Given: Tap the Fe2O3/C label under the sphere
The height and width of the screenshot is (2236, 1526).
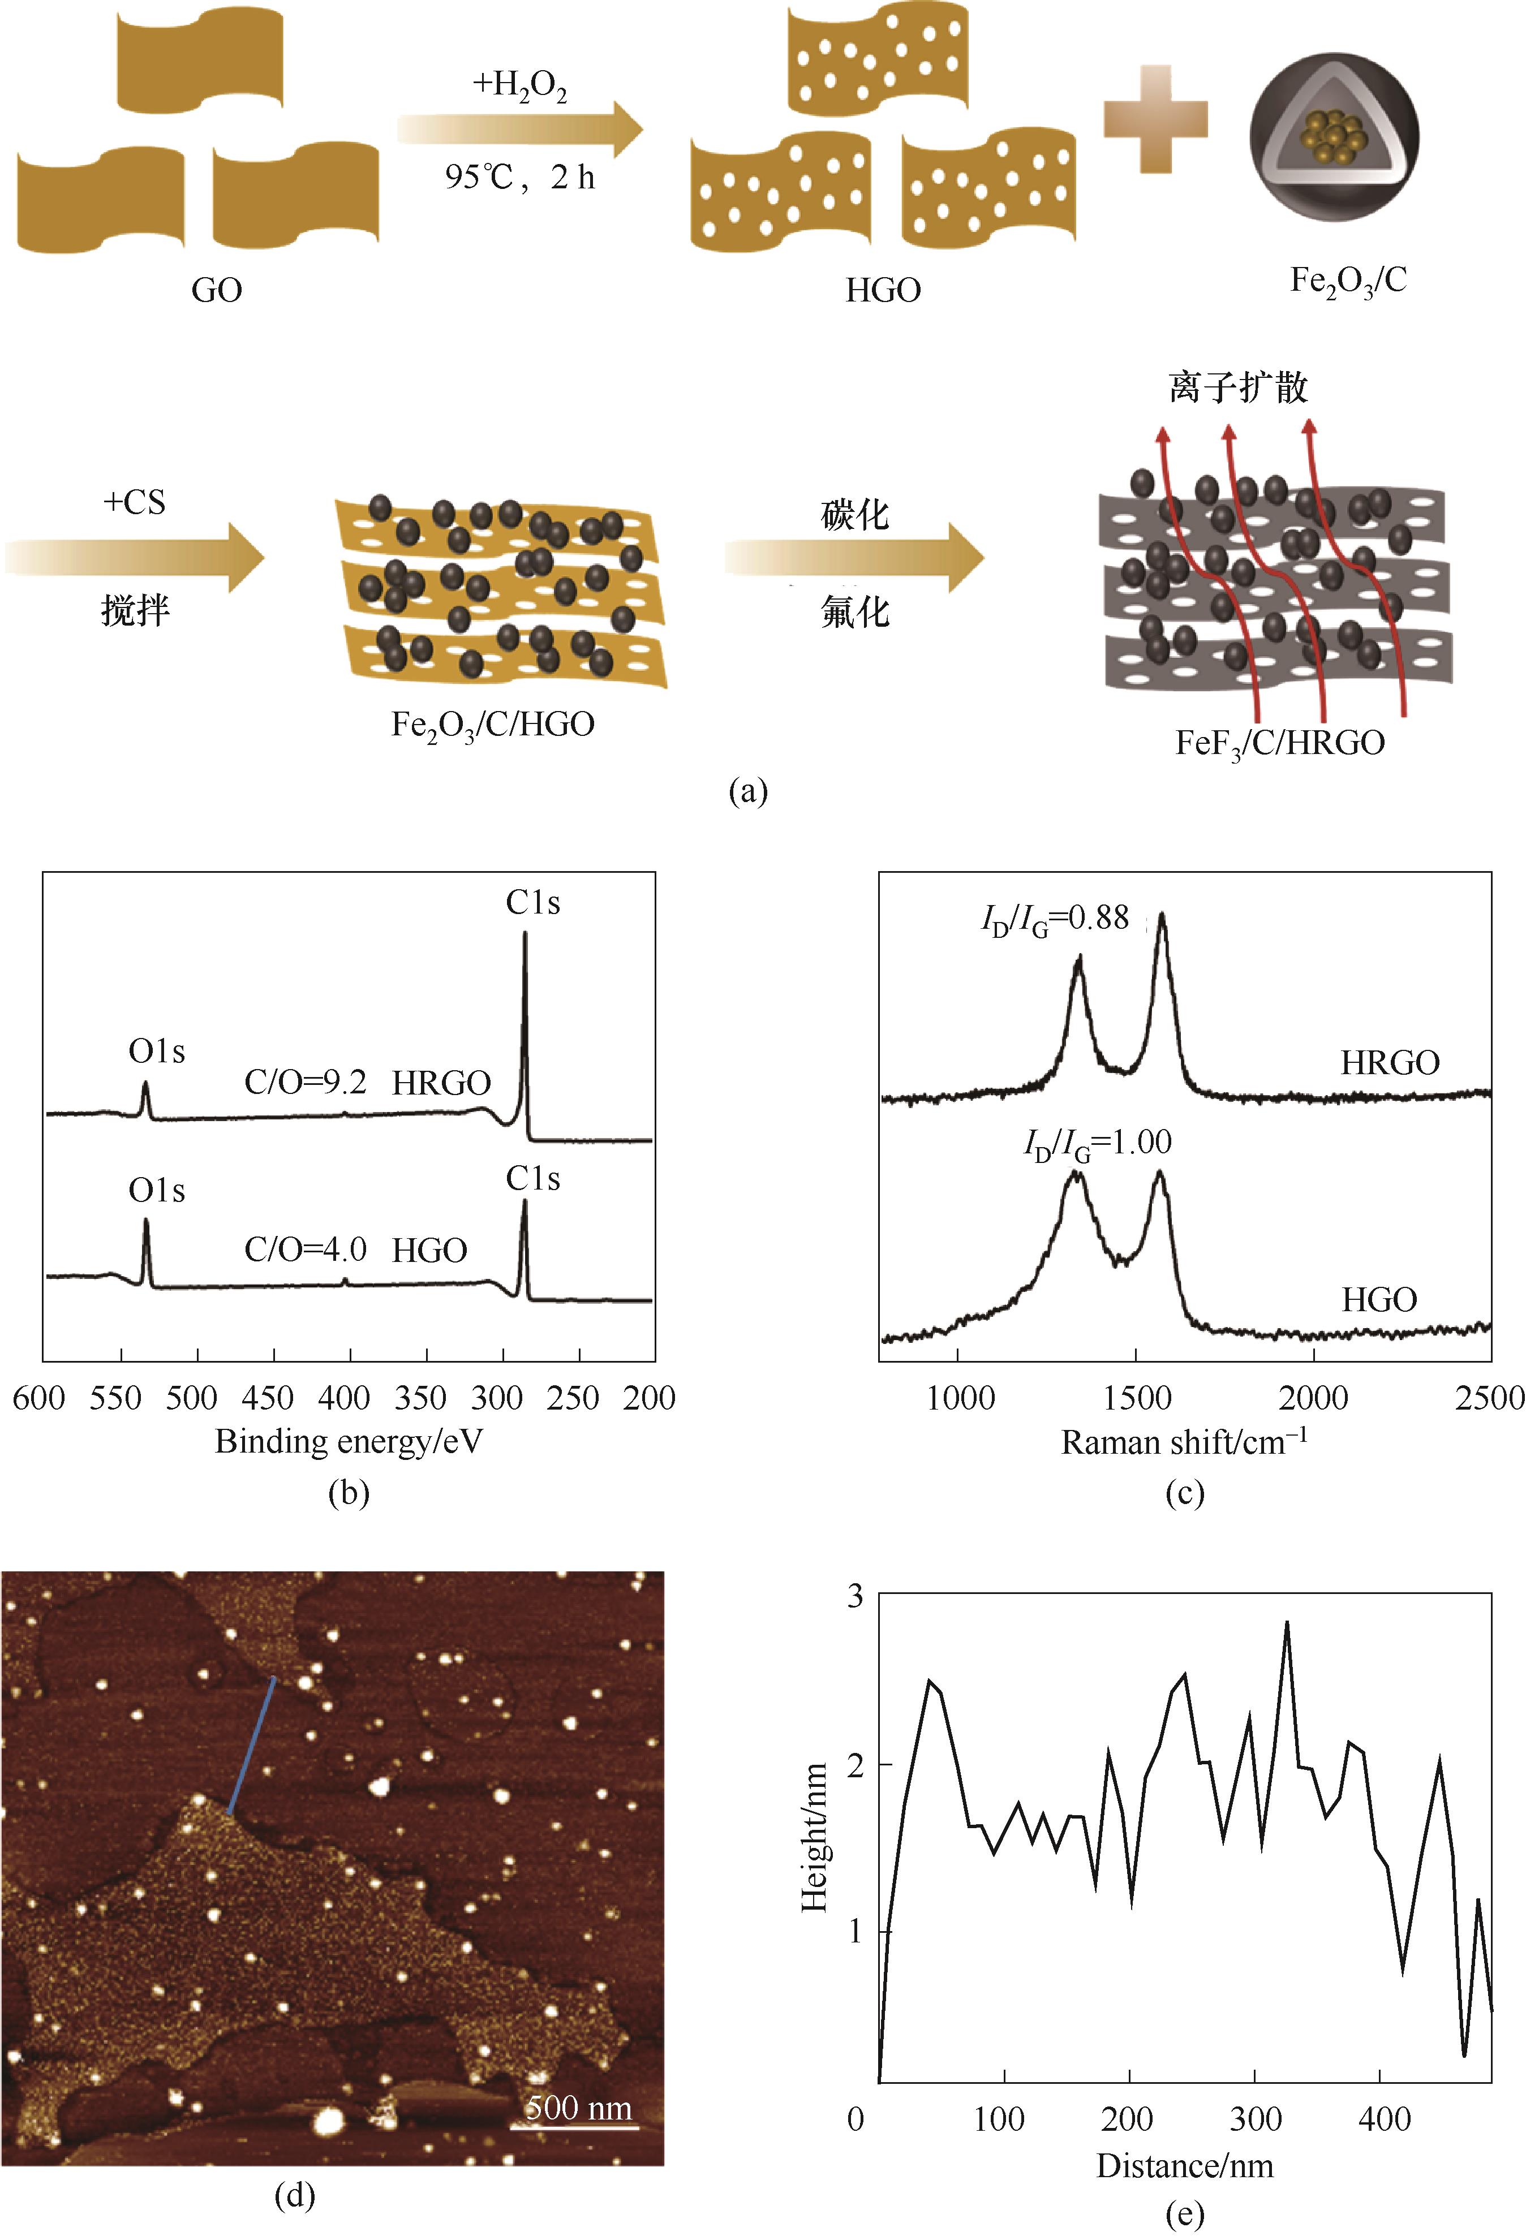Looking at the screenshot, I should (x=1347, y=282).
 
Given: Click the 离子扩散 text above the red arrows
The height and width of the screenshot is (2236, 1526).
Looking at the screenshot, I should (x=1239, y=387).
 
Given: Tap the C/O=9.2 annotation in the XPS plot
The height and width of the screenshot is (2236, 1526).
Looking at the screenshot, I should (x=305, y=1083).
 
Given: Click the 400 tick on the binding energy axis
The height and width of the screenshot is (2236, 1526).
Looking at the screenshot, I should (x=345, y=1397).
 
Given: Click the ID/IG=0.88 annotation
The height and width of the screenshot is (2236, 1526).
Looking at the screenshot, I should (x=1055, y=919).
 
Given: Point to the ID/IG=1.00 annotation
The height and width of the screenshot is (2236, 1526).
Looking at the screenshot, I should (x=1097, y=1143).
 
